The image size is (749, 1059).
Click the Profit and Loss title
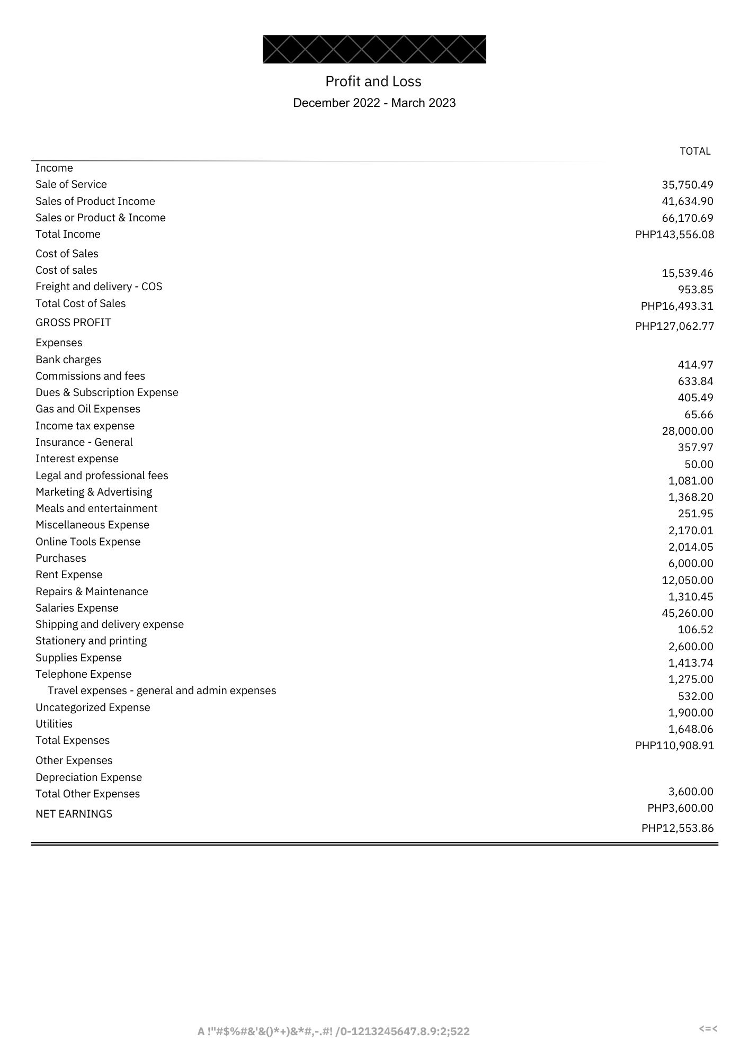[373, 82]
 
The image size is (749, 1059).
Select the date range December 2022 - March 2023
[374, 103]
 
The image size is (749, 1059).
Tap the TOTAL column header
[695, 151]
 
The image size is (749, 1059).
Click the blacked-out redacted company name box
[374, 49]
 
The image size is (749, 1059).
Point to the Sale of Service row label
[71, 184]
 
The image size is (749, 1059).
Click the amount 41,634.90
[687, 201]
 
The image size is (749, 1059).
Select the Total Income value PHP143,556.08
[674, 235]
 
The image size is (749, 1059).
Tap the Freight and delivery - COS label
[99, 286]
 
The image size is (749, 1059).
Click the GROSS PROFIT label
[73, 322]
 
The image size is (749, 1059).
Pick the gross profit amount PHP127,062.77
[674, 326]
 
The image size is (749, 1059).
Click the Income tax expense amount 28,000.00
[687, 431]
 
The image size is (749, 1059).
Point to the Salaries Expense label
[77, 608]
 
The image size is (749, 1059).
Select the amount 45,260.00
[687, 613]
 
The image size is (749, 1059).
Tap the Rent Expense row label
[69, 575]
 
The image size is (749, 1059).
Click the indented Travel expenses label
[162, 690]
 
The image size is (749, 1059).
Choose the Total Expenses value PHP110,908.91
[674, 746]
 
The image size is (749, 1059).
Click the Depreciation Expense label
[88, 777]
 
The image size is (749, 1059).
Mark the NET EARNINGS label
[74, 814]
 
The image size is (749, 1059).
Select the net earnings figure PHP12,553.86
[677, 828]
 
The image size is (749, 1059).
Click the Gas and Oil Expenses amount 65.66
[698, 415]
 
